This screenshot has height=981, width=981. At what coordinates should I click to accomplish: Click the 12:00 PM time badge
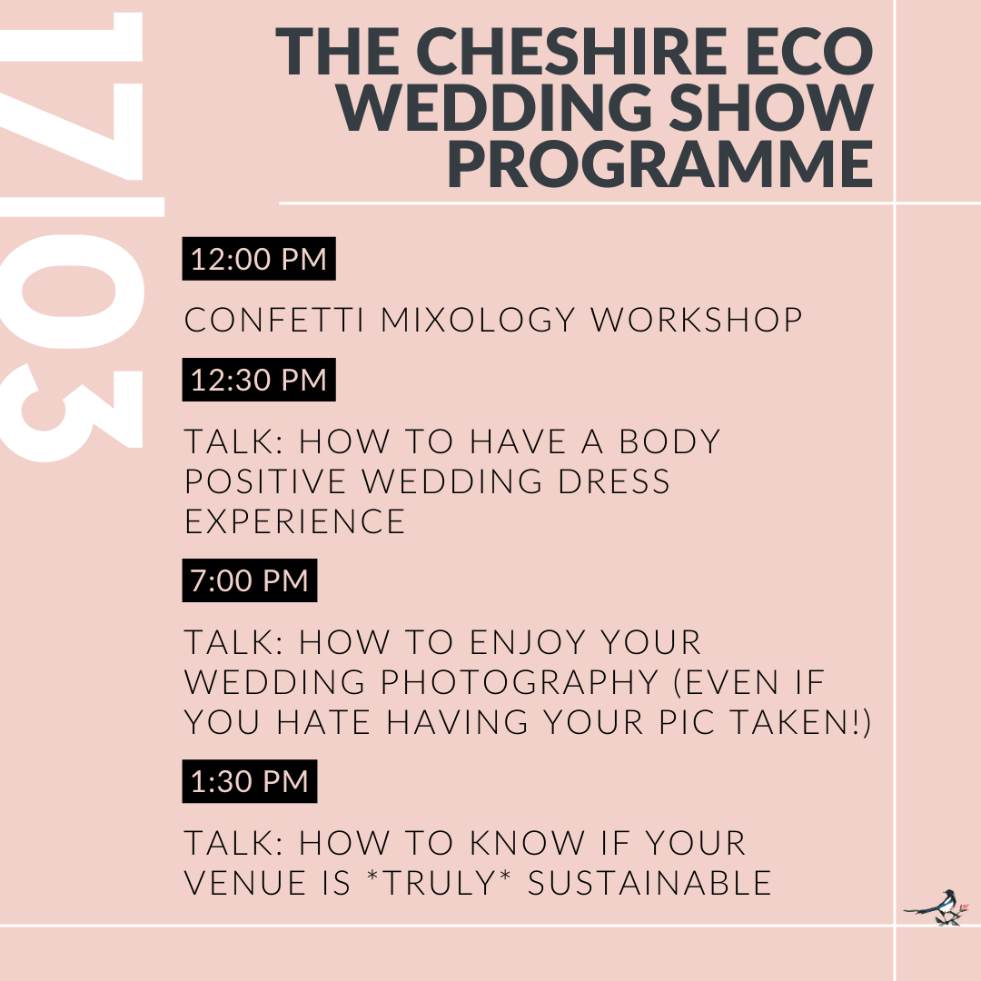pyautogui.click(x=259, y=258)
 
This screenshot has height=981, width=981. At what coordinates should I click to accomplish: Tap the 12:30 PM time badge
pyautogui.click(x=259, y=380)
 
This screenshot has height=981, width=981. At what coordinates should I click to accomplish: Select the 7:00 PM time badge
pyautogui.click(x=250, y=580)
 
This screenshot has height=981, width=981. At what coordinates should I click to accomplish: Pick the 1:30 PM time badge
pyautogui.click(x=250, y=781)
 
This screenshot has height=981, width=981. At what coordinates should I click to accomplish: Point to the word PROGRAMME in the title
pyautogui.click(x=660, y=163)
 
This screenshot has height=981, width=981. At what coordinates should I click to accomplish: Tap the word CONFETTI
pyautogui.click(x=274, y=320)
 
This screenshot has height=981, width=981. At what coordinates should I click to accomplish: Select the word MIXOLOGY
pyautogui.click(x=478, y=320)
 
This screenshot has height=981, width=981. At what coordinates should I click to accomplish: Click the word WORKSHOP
pyautogui.click(x=697, y=320)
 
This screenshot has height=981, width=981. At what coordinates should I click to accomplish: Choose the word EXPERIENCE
pyautogui.click(x=294, y=521)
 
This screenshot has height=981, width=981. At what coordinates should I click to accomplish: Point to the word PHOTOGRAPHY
pyautogui.click(x=520, y=682)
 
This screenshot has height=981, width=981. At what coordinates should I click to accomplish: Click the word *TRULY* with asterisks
pyautogui.click(x=440, y=882)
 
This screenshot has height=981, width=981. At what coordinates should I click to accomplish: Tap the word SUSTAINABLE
pyautogui.click(x=649, y=883)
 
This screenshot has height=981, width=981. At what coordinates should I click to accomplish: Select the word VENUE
pyautogui.click(x=244, y=883)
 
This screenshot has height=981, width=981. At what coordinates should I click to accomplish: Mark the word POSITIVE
pyautogui.click(x=265, y=481)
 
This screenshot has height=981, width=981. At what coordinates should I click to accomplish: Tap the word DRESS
pyautogui.click(x=614, y=481)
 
